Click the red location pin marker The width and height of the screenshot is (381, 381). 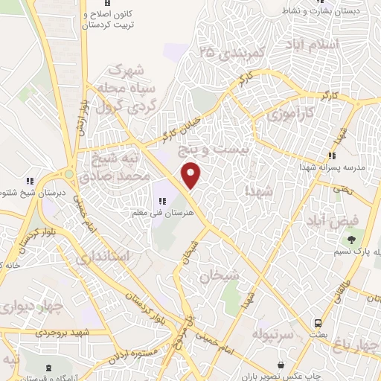point(192,175)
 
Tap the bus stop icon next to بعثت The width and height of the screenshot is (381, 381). point(318,324)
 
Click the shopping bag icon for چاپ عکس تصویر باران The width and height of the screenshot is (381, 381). point(281,365)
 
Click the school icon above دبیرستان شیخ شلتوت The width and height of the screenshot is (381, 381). point(31,181)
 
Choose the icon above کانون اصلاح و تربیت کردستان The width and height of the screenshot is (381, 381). point(106,4)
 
